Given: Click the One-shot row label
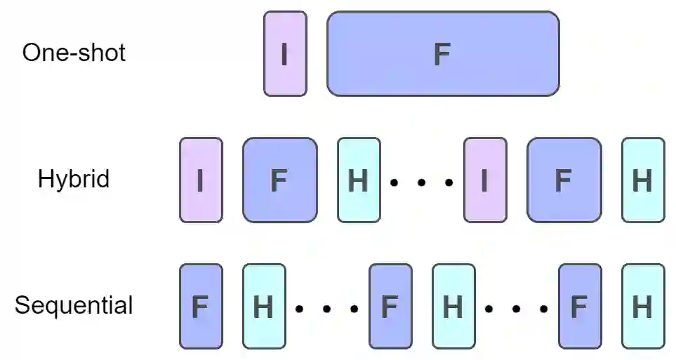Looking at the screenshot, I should coord(74,53).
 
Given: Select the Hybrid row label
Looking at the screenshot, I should coord(74,179).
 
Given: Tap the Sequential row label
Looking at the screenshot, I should coord(74,305).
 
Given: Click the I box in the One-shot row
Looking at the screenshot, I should coord(285,53).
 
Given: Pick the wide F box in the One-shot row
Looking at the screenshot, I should coord(443,53).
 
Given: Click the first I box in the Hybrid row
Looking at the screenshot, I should coord(201,180).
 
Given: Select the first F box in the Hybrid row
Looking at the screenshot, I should coord(279,180).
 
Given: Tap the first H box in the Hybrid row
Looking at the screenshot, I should coord(359,180).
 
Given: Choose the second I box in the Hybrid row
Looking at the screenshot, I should coord(485,180).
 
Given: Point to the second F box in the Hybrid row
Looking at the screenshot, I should coord(564,180).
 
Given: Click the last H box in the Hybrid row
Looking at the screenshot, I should coord(643,180).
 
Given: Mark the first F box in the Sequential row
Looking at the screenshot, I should coord(201,307).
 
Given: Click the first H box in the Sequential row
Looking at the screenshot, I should coord(264,307).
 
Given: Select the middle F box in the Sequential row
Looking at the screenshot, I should coord(390,307).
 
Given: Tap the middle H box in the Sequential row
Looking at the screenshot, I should coord(453,307).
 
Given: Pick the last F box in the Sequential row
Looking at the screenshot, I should coord(580,307).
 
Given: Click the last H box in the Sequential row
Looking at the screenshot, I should coord(643,307).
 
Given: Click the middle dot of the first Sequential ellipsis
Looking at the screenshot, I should coord(327,309).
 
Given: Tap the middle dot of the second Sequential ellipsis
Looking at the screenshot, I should coord(517,309).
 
